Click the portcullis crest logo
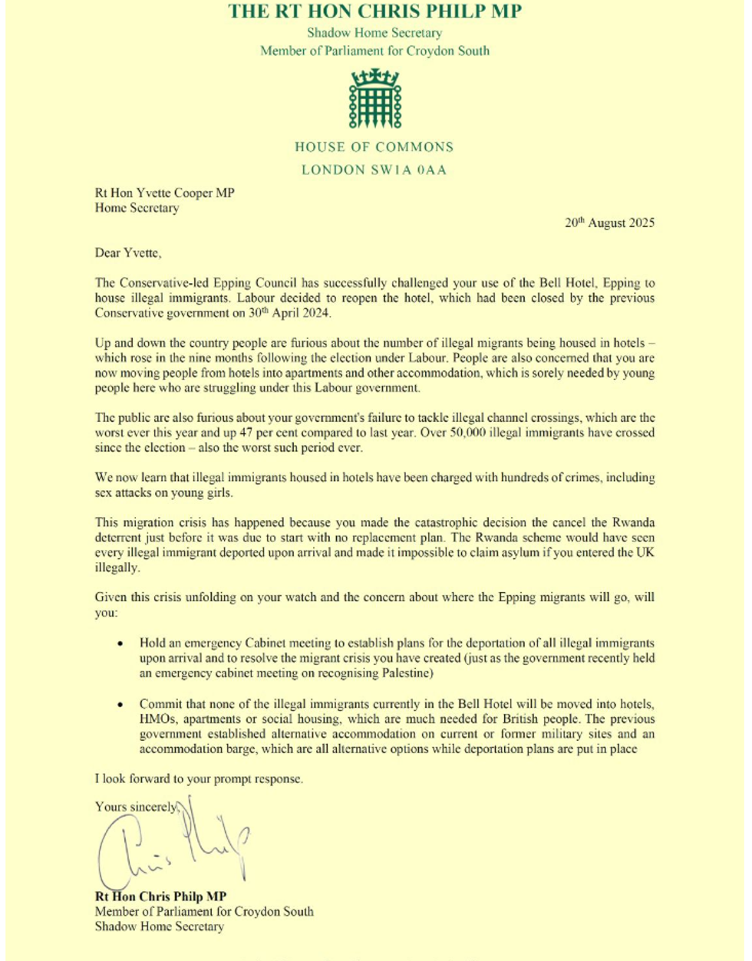pos(375,98)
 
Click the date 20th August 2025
pos(609,223)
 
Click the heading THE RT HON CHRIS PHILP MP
pos(375,12)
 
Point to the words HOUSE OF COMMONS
pos(374,147)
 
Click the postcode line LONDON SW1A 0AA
pos(374,169)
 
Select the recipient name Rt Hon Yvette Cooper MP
pos(164,193)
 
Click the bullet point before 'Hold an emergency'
pos(120,643)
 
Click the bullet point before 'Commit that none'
pos(120,704)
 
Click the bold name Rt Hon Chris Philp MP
pos(160,897)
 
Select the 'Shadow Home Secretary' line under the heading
pos(374,33)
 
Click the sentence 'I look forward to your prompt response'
pos(199,778)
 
